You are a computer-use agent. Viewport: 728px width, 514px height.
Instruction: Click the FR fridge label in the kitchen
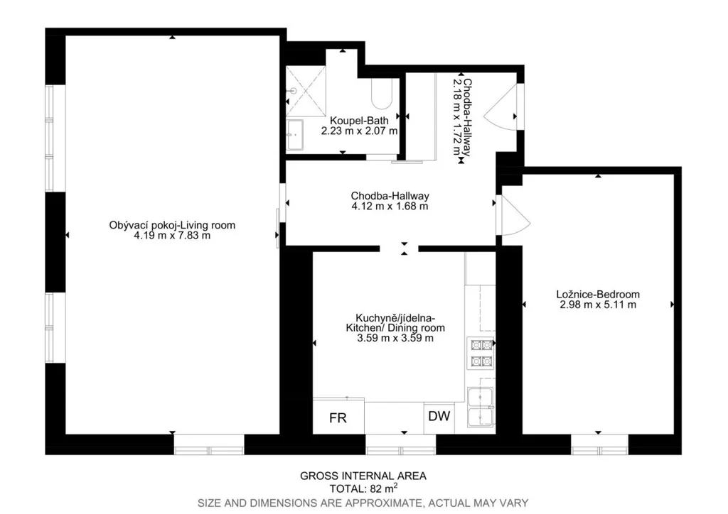coord(338,418)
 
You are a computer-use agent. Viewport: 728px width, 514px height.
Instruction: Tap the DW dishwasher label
coord(439,416)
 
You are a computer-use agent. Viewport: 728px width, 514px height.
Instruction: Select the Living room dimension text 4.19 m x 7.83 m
coord(172,236)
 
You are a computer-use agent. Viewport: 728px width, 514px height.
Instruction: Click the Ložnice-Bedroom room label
coord(598,295)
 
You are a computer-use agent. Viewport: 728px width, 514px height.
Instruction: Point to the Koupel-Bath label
coord(359,121)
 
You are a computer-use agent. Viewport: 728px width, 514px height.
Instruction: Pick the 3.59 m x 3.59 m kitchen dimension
coord(395,339)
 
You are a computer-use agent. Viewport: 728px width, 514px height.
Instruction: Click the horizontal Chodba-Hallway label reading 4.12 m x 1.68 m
coord(390,201)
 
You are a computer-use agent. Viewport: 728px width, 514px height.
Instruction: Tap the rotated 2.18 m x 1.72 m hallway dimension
coord(458,117)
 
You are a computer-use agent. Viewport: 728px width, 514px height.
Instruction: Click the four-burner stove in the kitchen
coord(481,353)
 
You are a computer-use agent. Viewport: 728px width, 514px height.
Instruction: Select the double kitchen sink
coord(481,408)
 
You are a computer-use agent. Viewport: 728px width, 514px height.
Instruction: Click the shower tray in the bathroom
coord(306,92)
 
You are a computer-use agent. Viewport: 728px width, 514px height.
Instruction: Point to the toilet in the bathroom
coord(382,93)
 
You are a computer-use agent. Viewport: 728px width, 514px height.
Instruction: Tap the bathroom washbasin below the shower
coord(294,135)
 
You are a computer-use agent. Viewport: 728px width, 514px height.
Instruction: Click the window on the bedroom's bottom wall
coord(599,445)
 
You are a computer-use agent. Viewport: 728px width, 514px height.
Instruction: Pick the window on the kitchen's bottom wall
coord(401,445)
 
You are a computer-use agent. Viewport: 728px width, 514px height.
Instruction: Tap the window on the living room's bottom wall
coord(209,445)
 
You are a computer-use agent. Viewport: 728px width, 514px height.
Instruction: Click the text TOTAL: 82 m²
coord(363,488)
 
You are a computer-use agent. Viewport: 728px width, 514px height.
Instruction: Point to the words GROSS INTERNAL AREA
coord(363,476)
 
